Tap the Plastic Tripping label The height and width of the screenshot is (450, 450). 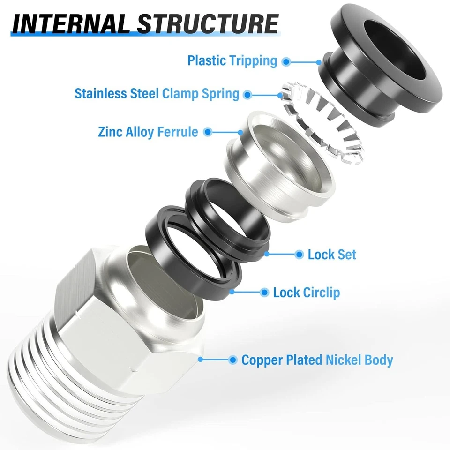click(x=232, y=61)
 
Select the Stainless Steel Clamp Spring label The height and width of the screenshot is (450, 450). click(x=157, y=94)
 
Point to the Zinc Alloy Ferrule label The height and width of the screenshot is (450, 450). click(x=148, y=132)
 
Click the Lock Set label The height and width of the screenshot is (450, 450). click(x=331, y=255)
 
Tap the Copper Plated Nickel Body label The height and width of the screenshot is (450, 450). click(x=317, y=360)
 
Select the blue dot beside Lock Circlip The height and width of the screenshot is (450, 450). click(x=264, y=292)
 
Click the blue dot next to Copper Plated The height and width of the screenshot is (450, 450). click(x=232, y=360)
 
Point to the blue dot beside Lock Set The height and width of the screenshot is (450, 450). click(x=299, y=255)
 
